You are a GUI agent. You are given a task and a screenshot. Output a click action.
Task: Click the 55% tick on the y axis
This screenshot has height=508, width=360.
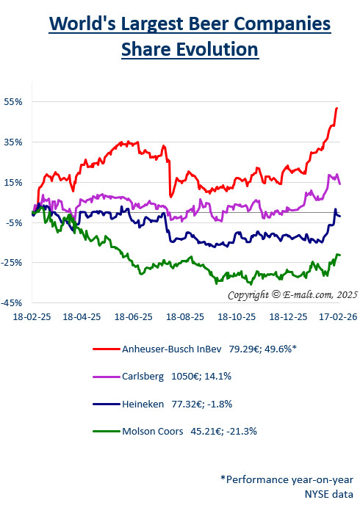tap(14, 101)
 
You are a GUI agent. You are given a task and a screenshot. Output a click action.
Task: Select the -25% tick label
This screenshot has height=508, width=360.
tap(13, 262)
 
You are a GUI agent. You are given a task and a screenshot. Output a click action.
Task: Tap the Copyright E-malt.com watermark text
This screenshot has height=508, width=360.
tap(292, 295)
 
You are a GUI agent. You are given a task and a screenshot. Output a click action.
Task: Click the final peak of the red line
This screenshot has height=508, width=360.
tap(336, 109)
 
